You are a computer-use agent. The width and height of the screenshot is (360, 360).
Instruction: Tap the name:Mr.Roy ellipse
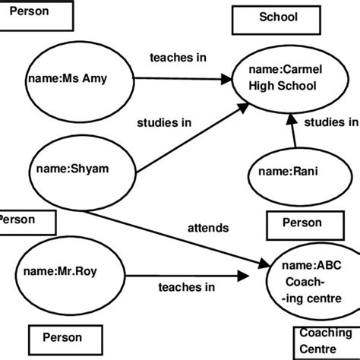click(x=60, y=272)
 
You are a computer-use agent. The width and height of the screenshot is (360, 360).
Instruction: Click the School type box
click(x=279, y=20)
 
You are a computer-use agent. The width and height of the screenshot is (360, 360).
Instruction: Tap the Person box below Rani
click(x=302, y=223)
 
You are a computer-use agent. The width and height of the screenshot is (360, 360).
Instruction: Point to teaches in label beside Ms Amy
click(x=178, y=57)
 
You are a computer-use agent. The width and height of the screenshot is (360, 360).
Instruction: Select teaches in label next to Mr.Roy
click(x=186, y=287)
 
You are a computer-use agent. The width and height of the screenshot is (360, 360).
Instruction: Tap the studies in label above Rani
click(x=330, y=122)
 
